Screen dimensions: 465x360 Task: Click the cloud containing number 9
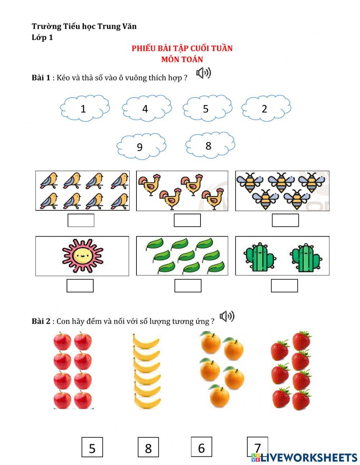click(x=141, y=147)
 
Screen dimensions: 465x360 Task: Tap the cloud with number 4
click(x=146, y=108)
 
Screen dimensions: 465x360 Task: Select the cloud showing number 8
click(x=210, y=145)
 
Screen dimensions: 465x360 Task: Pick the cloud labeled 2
click(x=266, y=108)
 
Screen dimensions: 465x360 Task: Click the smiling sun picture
click(x=82, y=256)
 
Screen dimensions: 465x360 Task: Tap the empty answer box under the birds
click(x=81, y=220)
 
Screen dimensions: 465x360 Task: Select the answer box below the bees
click(x=285, y=220)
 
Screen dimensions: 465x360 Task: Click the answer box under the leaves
click(x=188, y=286)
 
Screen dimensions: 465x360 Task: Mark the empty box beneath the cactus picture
click(x=284, y=286)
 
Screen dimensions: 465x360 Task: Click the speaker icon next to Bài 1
click(x=203, y=73)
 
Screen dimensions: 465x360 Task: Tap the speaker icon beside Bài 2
click(x=227, y=317)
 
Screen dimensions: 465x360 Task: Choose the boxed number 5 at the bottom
click(x=92, y=448)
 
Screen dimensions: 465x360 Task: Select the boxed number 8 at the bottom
click(x=148, y=448)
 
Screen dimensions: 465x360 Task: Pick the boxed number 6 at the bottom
click(x=201, y=447)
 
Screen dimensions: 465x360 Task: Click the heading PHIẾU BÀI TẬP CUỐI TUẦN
click(x=182, y=48)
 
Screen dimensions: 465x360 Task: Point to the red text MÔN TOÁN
click(x=182, y=59)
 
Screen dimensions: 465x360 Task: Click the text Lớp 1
click(x=42, y=37)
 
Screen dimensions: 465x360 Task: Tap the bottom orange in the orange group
click(x=219, y=395)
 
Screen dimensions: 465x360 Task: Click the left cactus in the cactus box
click(x=259, y=258)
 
